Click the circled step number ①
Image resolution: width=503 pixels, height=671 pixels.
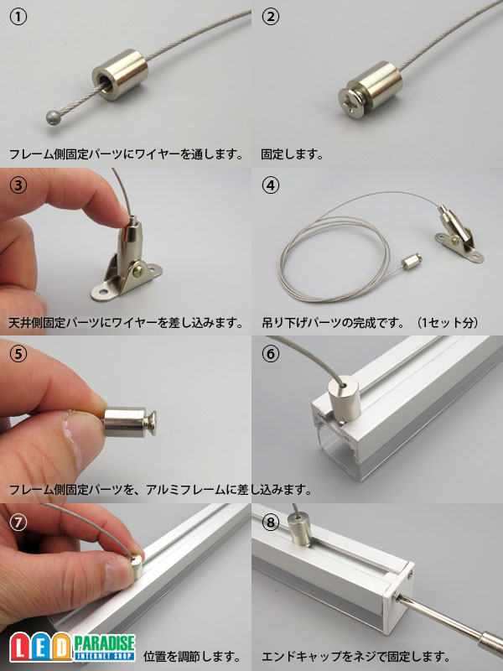tap(18, 18)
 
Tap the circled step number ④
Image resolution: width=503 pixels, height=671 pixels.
tap(270, 185)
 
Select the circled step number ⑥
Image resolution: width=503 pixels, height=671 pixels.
tap(270, 353)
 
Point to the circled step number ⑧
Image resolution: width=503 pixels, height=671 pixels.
tap(270, 522)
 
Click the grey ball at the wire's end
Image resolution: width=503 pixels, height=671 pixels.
tap(53, 117)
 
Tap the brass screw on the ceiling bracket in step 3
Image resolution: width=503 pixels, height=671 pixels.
tap(139, 271)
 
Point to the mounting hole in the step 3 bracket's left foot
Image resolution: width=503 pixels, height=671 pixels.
tap(102, 293)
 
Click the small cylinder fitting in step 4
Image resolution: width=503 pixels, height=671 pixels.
tap(412, 260)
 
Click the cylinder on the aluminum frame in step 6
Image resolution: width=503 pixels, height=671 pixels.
tap(344, 399)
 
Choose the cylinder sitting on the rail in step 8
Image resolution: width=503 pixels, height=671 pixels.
tap(299, 530)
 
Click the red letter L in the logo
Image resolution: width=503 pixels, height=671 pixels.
tap(19, 647)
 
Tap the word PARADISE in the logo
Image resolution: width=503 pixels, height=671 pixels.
tap(104, 642)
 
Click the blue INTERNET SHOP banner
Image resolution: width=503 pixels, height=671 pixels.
tap(105, 656)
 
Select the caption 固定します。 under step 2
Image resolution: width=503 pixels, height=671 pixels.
tap(293, 154)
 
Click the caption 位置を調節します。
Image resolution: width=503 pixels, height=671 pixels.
tap(192, 656)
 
